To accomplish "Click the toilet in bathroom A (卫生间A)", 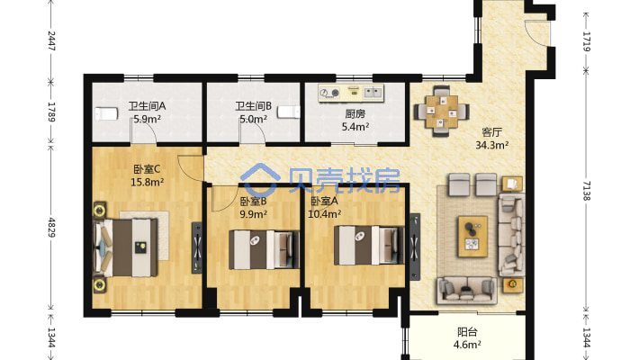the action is tap(106, 113).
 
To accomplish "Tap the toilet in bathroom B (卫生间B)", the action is tap(289, 112).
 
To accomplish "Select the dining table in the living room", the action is tap(442, 111).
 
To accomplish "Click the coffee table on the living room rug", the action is tap(472, 237).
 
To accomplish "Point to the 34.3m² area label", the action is tap(492, 145).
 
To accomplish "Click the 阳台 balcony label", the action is tap(467, 332).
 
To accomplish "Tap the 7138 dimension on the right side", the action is tap(587, 191).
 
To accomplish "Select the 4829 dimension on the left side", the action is tap(52, 228).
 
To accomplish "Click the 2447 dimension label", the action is tap(52, 40).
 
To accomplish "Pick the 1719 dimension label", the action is tap(587, 41).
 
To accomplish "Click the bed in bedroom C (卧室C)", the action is tap(125, 247).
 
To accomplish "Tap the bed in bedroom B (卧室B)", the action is tap(264, 249).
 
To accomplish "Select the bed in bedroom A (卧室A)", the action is tap(369, 246).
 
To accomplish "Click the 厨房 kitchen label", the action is tap(355, 113).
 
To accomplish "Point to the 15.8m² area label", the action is tap(147, 182).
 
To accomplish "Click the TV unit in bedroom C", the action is tap(197, 247).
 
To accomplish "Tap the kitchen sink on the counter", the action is tap(373, 93).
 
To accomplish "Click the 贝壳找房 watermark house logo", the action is tap(260, 180).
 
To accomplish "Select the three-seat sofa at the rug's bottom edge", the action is tap(467, 291).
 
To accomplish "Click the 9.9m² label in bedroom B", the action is tap(254, 214).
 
